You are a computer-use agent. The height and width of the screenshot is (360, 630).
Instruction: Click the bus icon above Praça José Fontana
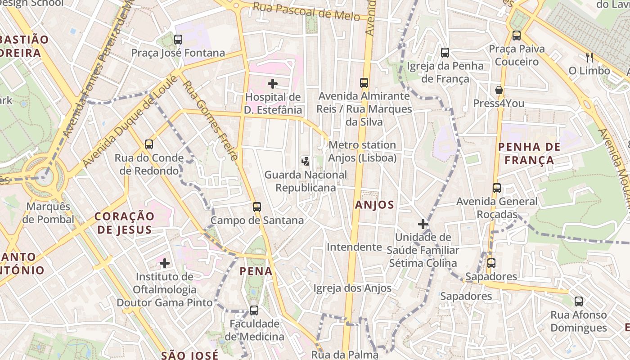pyautogui.click(x=178, y=40)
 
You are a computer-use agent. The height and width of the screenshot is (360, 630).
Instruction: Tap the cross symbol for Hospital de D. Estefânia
pyautogui.click(x=272, y=83)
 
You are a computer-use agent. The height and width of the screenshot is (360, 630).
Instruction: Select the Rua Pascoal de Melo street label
pyautogui.click(x=306, y=12)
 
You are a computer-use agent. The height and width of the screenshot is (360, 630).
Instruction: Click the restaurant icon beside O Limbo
pyautogui.click(x=589, y=57)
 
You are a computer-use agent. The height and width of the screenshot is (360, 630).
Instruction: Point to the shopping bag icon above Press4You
pyautogui.click(x=499, y=90)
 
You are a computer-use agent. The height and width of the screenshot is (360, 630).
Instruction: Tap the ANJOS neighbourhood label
pyautogui.click(x=374, y=205)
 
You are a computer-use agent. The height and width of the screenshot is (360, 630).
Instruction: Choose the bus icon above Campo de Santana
pyautogui.click(x=256, y=207)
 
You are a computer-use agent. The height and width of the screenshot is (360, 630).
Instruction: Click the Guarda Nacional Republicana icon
pyautogui.click(x=306, y=161)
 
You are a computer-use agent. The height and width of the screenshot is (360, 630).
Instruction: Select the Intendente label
pyautogui.click(x=354, y=247)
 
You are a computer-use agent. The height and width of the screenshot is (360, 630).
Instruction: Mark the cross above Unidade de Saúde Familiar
pyautogui.click(x=423, y=224)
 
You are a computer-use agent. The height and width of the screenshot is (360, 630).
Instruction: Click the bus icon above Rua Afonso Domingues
pyautogui.click(x=578, y=301)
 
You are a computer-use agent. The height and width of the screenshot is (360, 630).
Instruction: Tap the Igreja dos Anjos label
pyautogui.click(x=352, y=288)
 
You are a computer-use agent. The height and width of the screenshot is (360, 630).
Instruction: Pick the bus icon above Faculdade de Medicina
pyautogui.click(x=254, y=310)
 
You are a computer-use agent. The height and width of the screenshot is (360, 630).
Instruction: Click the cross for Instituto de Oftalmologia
pyautogui.click(x=165, y=263)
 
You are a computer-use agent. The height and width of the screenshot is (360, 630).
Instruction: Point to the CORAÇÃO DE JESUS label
pyautogui.click(x=124, y=223)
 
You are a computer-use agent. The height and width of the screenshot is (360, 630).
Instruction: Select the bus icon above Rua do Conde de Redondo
pyautogui.click(x=149, y=144)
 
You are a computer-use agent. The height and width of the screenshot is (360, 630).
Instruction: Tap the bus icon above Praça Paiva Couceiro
pyautogui.click(x=516, y=35)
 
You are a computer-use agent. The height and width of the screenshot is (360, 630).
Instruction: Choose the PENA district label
pyautogui.click(x=256, y=271)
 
